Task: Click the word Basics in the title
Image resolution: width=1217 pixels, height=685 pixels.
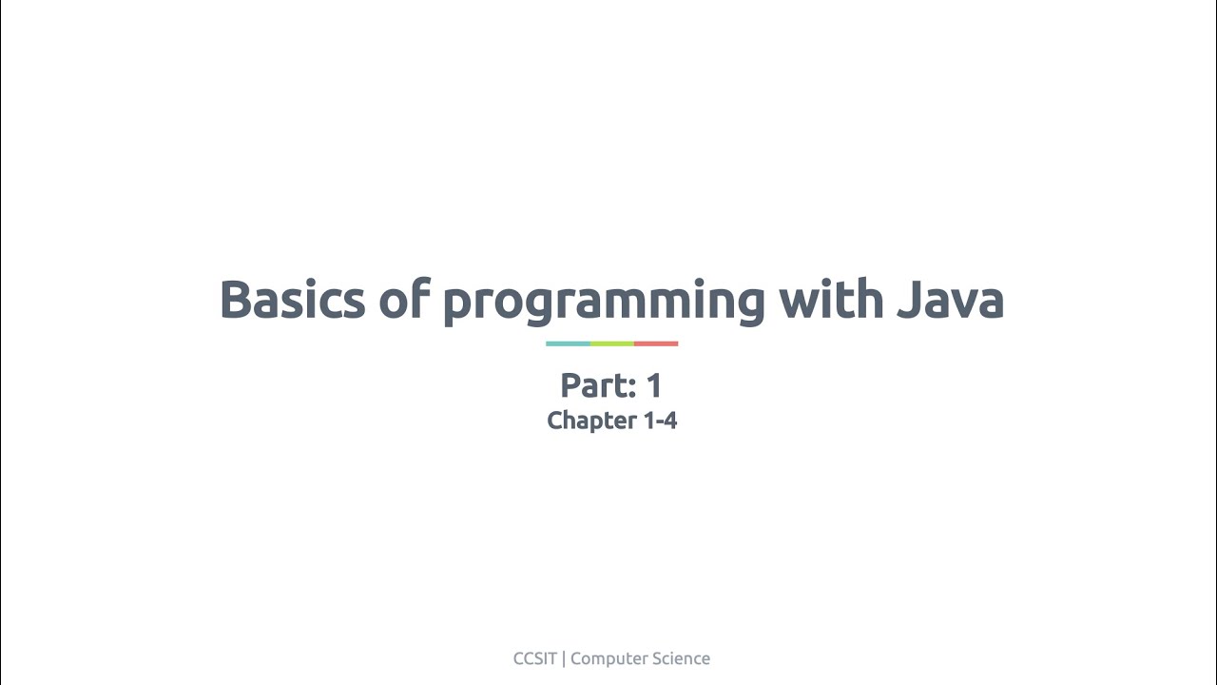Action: (292, 300)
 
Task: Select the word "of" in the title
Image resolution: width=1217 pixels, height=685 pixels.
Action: (403, 300)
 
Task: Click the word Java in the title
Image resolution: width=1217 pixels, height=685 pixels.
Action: (950, 300)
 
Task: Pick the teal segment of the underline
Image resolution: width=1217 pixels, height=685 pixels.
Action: (568, 343)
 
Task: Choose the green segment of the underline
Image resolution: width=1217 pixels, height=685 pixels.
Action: (611, 343)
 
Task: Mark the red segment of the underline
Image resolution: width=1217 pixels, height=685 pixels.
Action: (656, 343)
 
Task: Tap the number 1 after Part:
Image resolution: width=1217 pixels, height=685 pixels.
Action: (653, 385)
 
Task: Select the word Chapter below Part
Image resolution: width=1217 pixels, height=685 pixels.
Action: (591, 421)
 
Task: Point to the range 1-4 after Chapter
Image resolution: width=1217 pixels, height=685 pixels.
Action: (660, 421)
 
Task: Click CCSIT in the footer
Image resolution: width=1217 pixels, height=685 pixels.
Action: (534, 658)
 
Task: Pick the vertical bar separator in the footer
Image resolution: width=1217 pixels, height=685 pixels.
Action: (564, 658)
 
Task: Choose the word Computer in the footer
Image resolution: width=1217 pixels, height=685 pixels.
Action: (604, 658)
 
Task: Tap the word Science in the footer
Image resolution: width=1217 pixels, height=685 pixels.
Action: (676, 658)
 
